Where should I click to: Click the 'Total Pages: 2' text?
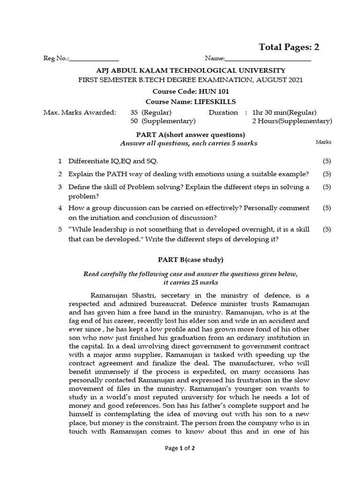coord(289,47)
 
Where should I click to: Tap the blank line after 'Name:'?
coord(268,60)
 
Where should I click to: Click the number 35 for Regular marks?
coord(135,112)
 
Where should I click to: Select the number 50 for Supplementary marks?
coord(135,121)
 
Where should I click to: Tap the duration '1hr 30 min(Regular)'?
coord(285,112)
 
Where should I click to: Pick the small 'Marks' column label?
coord(323,142)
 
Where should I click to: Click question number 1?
coord(60,161)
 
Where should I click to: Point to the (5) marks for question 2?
coord(327,174)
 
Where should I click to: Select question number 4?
coord(60,208)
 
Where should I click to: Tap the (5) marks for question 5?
coord(327,229)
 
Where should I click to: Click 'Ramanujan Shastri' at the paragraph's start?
coord(118,295)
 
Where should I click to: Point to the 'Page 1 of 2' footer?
coord(180,448)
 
